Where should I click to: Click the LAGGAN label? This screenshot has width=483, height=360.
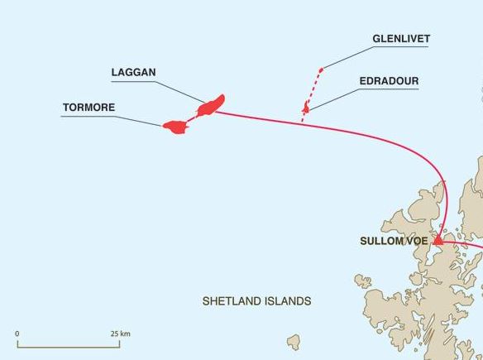(x=133, y=73)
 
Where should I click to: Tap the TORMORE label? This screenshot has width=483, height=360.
(x=88, y=108)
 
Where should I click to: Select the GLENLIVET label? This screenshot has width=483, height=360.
(x=401, y=39)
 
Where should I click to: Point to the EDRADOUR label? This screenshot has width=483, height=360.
(x=389, y=81)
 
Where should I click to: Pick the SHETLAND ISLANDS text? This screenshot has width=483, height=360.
(x=256, y=301)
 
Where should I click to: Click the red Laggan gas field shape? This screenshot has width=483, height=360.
(x=211, y=104)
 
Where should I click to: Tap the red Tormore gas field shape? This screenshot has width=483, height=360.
(x=175, y=127)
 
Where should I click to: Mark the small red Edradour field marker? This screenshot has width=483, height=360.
(x=306, y=108)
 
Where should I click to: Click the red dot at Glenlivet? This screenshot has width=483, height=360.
(x=322, y=67)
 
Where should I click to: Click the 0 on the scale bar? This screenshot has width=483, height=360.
(x=17, y=334)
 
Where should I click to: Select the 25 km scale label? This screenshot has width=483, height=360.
(x=120, y=334)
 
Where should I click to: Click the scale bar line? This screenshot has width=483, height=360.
(x=70, y=346)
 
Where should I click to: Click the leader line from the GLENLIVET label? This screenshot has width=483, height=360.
(x=347, y=56)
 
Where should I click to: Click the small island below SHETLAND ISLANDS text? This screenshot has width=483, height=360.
(x=294, y=341)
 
